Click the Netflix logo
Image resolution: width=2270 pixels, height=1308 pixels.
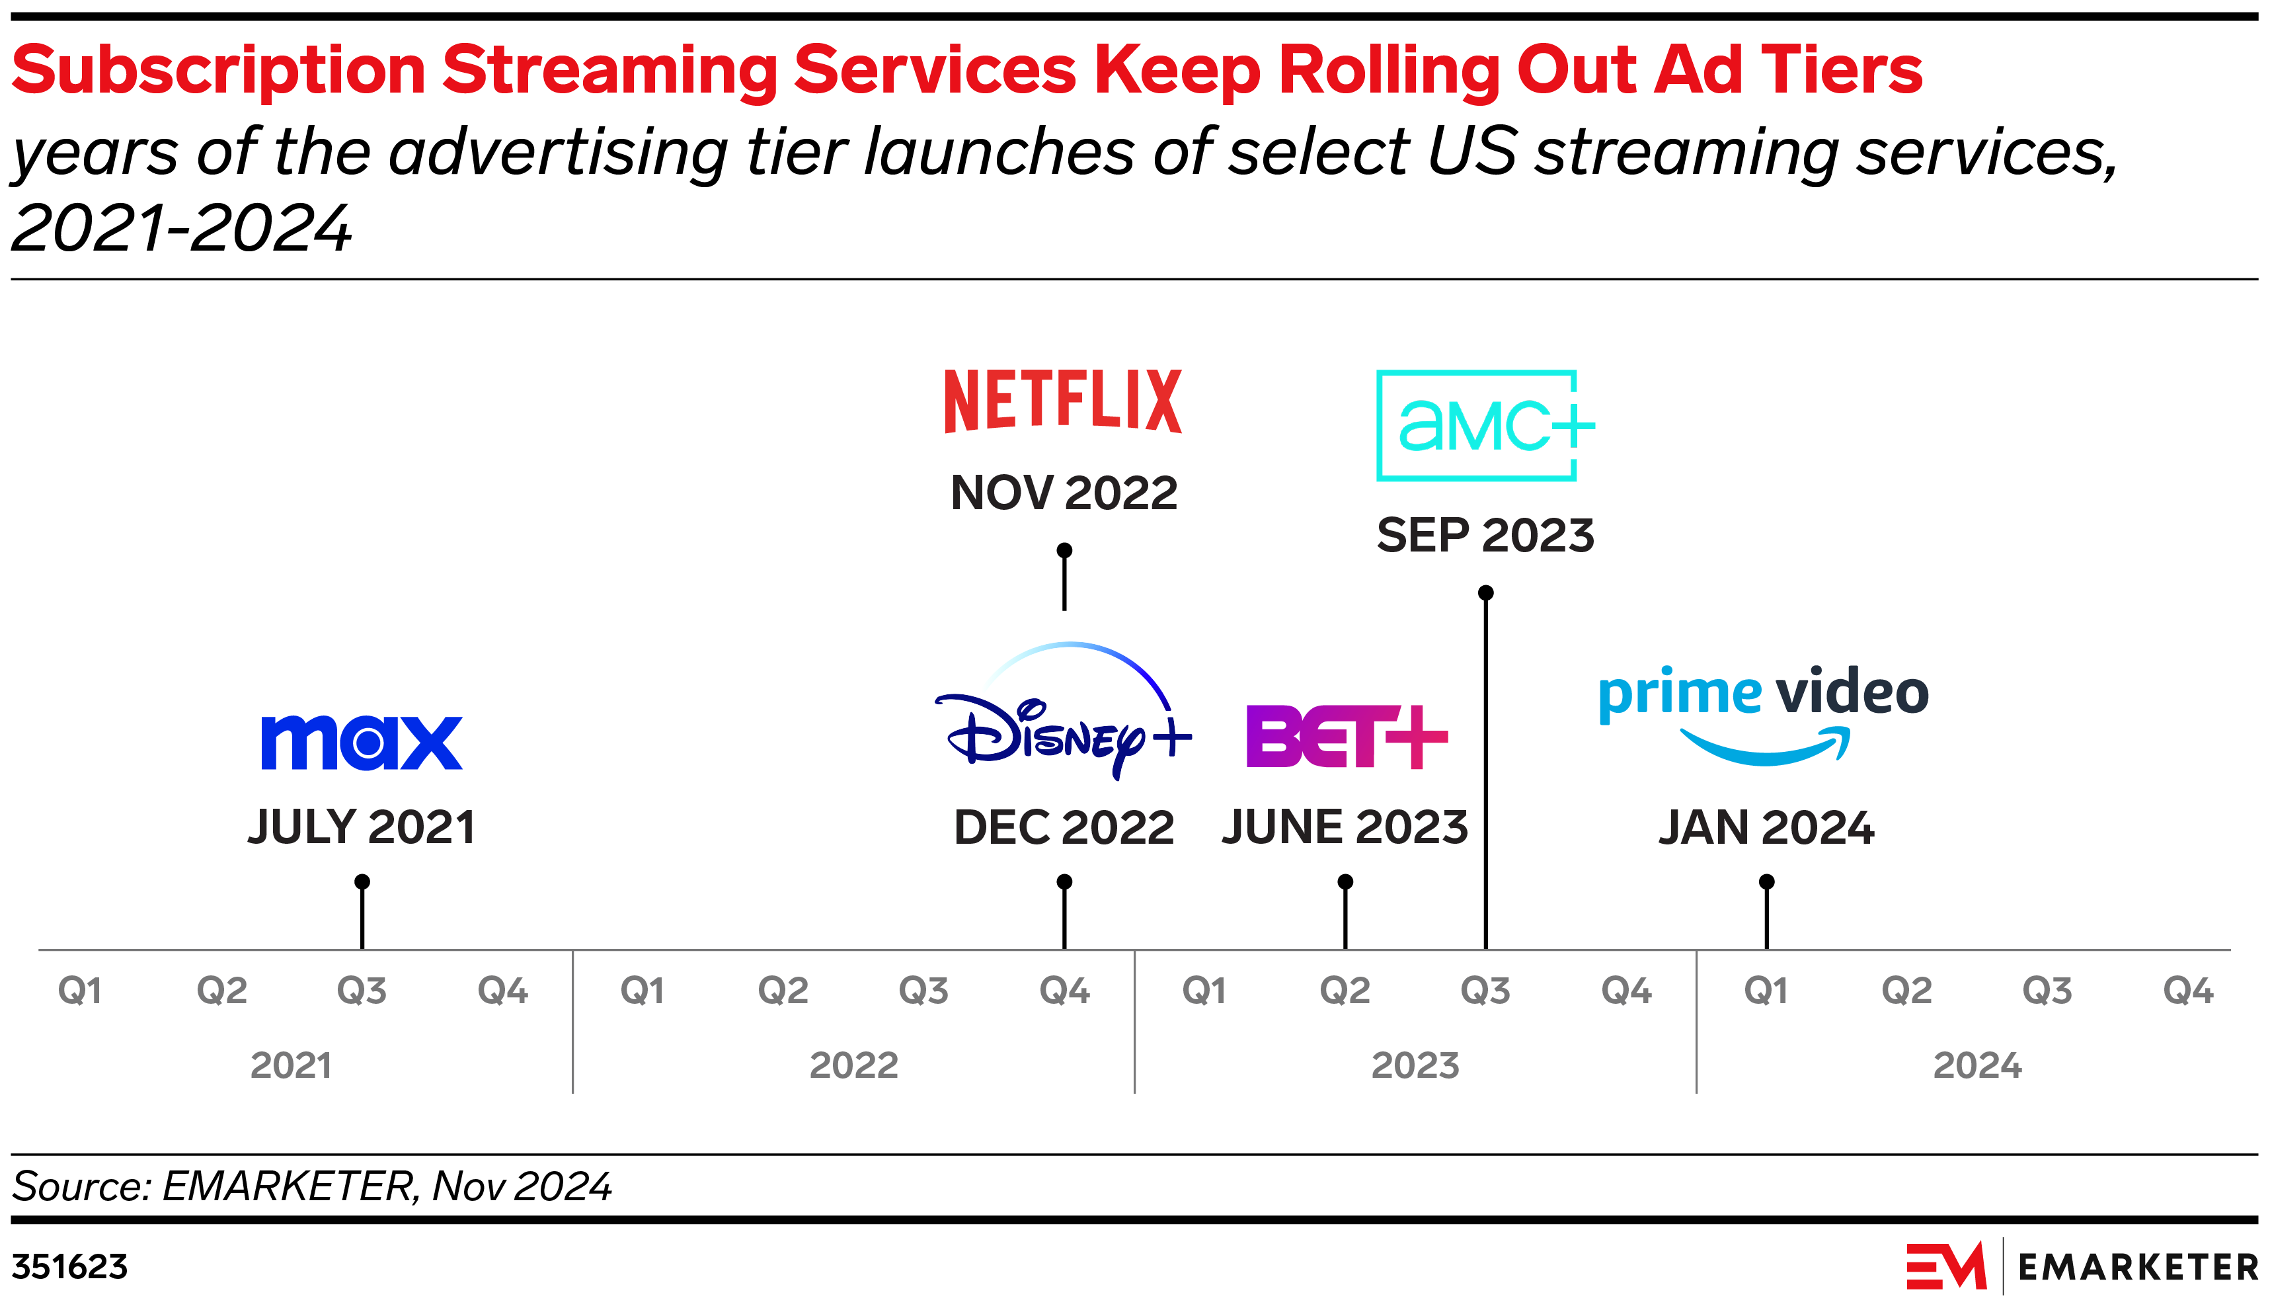(x=1062, y=401)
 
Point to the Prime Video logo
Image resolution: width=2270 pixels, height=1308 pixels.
(x=1764, y=714)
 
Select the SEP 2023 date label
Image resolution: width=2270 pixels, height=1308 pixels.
(x=1485, y=536)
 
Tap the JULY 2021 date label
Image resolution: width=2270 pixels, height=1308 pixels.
(x=361, y=827)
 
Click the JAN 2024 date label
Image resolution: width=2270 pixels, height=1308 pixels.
(x=1766, y=827)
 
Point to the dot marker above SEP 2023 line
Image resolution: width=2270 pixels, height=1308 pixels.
(x=1485, y=593)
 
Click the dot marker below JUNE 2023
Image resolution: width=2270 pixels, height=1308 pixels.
(x=1345, y=882)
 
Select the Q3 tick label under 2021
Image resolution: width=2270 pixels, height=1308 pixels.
(x=361, y=990)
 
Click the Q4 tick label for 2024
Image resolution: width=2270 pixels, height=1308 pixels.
(x=2187, y=990)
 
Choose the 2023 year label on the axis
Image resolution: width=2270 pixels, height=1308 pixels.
(x=1415, y=1065)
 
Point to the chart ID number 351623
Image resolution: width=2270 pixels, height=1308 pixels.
(x=69, y=1267)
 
